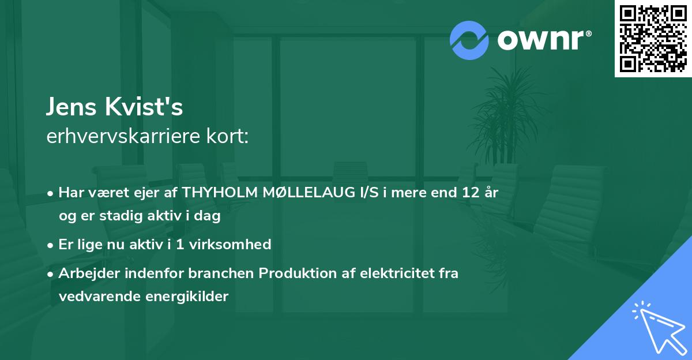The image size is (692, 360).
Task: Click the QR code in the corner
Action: click(x=653, y=38)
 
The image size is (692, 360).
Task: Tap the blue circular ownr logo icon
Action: click(x=469, y=40)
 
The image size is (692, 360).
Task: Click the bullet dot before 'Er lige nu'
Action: click(x=51, y=245)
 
